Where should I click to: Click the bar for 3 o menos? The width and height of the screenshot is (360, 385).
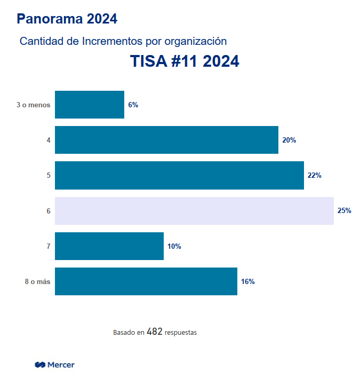pyautogui.click(x=90, y=105)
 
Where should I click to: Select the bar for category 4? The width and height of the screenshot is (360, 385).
pyautogui.click(x=166, y=140)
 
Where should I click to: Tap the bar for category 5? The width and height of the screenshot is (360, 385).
pyautogui.click(x=179, y=175)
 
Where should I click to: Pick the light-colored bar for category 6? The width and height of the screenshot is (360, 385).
pyautogui.click(x=194, y=210)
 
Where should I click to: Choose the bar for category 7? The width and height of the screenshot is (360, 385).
pyautogui.click(x=109, y=246)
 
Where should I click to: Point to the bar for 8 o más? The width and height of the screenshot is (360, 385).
pyautogui.click(x=146, y=281)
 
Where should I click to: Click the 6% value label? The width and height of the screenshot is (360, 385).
pyautogui.click(x=133, y=105)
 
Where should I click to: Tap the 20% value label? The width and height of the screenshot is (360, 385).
pyautogui.click(x=289, y=140)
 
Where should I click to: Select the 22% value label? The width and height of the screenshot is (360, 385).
pyautogui.click(x=315, y=176)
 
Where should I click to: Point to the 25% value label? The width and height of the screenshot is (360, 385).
pyautogui.click(x=345, y=211)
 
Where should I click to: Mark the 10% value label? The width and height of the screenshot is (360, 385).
pyautogui.click(x=174, y=247)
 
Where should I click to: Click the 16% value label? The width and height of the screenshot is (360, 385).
pyautogui.click(x=248, y=282)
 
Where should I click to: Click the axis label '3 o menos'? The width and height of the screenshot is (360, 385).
pyautogui.click(x=33, y=105)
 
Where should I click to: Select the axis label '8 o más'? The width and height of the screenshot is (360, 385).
pyautogui.click(x=37, y=282)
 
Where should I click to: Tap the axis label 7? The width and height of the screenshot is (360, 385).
pyautogui.click(x=49, y=247)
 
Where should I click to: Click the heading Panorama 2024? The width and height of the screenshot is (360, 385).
pyautogui.click(x=67, y=19)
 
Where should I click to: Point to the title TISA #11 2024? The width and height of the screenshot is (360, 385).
pyautogui.click(x=185, y=61)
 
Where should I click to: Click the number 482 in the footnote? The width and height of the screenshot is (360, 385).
pyautogui.click(x=154, y=332)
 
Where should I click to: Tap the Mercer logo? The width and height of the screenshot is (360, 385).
pyautogui.click(x=54, y=365)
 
